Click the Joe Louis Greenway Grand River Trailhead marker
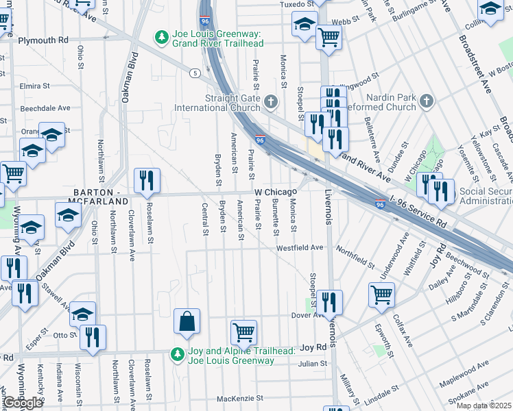161,36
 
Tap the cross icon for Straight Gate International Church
271,102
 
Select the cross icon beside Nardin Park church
427,102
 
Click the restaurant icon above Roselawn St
147,181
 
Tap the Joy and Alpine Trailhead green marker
178,356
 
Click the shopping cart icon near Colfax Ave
382,295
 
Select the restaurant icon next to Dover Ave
329,302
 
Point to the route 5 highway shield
195,73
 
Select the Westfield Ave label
300,247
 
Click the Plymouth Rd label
43,40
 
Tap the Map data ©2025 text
484,406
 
